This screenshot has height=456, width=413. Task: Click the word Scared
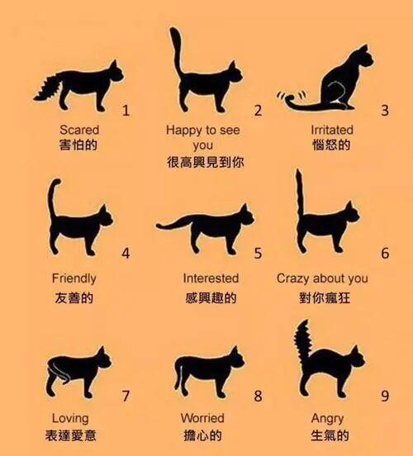point(79,130)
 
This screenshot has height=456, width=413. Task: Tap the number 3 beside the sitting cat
point(385,111)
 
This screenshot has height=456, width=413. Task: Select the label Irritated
point(332,130)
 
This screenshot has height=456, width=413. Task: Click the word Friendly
point(74,278)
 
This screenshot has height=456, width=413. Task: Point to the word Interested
point(211,278)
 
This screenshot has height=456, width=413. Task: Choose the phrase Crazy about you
point(322,278)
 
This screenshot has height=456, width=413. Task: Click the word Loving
point(70,419)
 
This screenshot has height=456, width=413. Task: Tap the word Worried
point(202,418)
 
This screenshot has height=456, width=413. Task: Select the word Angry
point(327,419)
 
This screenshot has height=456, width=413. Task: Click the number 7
point(126,396)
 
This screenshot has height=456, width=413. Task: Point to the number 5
point(258,253)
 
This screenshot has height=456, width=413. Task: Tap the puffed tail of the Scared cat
point(48,87)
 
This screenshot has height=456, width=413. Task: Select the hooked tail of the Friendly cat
point(52,201)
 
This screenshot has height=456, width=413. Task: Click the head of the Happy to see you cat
point(235,73)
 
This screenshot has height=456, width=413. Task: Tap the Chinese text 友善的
point(74,297)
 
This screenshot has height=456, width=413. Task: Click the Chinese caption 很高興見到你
point(206,162)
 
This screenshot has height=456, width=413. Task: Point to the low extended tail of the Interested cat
point(174,224)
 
